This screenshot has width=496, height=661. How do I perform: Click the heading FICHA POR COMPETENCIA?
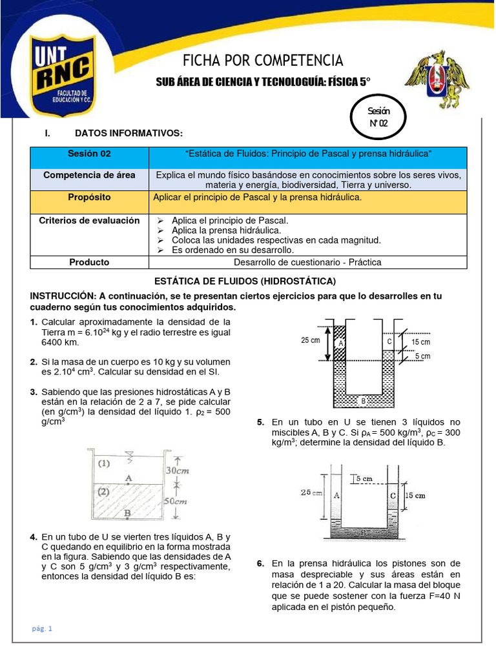263,61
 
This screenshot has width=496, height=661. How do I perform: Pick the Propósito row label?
90,197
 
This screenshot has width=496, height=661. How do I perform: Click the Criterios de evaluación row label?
90,220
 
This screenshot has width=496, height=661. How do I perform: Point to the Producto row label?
90,262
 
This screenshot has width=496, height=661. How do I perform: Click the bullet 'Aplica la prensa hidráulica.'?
225,230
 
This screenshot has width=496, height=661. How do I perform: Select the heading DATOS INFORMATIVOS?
129,133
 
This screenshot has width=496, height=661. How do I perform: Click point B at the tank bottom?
129,514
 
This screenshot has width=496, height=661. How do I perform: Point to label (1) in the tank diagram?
103,463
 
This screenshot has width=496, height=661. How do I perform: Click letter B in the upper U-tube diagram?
363,401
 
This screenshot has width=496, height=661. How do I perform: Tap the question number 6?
260,564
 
